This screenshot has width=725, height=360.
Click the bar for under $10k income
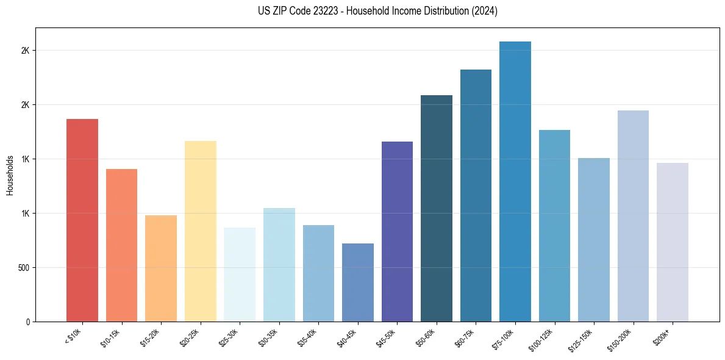82,220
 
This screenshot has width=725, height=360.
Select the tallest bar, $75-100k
515,181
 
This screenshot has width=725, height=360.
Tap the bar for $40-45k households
358,282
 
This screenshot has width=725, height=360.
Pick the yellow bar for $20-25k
201,231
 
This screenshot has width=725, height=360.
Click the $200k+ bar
673,242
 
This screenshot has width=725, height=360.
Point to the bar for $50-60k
437,208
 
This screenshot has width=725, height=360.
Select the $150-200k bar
633,215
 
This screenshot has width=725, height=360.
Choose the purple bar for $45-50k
397,231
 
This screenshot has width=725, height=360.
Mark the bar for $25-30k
240,274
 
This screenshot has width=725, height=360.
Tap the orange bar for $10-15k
121,245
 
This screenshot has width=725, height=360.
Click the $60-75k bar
476,195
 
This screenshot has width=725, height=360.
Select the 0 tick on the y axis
27,322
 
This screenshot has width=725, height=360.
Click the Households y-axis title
10,175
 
